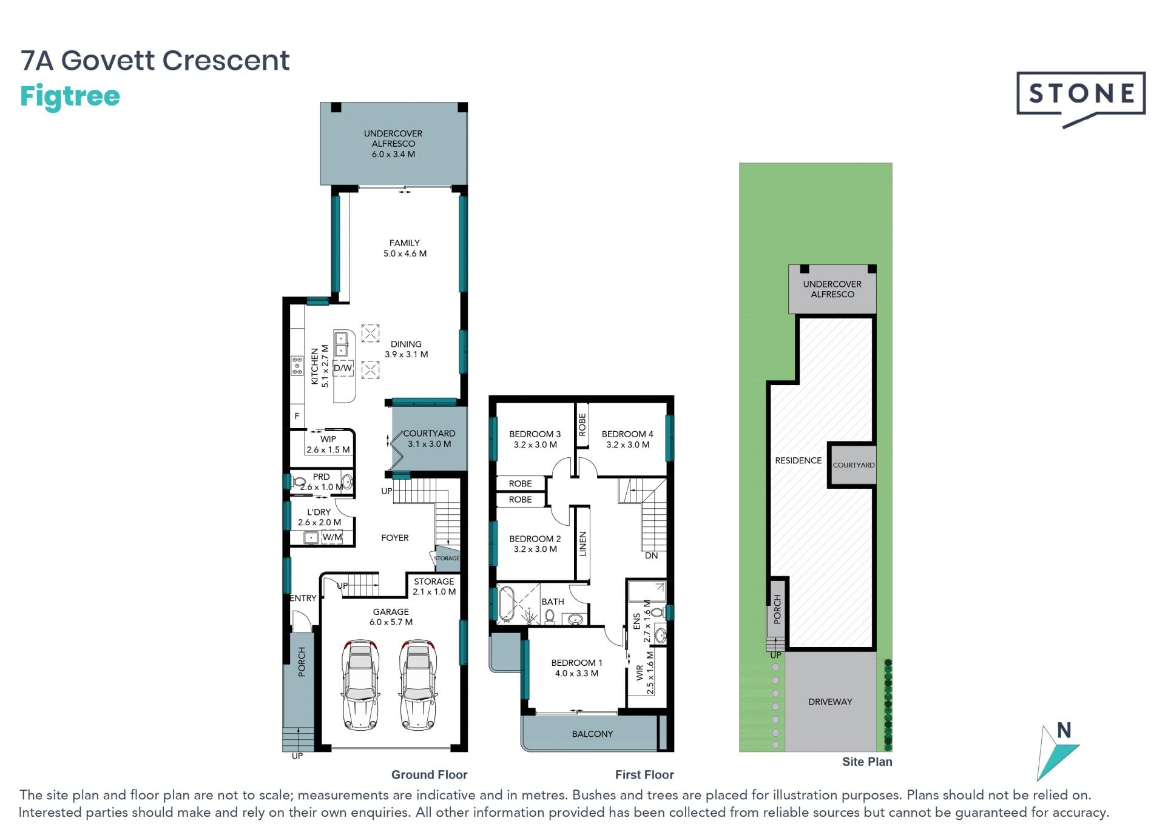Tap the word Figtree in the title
pyautogui.click(x=70, y=97)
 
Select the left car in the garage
pyautogui.click(x=361, y=683)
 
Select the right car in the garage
pyautogui.click(x=418, y=683)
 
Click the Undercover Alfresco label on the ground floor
pyautogui.click(x=393, y=144)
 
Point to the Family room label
pyautogui.click(x=405, y=248)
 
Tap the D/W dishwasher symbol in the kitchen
pyautogui.click(x=343, y=368)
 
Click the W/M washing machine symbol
pyautogui.click(x=332, y=537)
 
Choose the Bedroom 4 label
pyautogui.click(x=627, y=439)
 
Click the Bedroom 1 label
pyautogui.click(x=576, y=668)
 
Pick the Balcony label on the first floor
pyautogui.click(x=592, y=734)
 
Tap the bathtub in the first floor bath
pyautogui.click(x=506, y=604)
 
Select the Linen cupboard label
pyautogui.click(x=583, y=544)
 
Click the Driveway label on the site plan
pyautogui.click(x=830, y=702)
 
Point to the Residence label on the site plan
pyautogui.click(x=799, y=460)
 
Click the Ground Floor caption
pyautogui.click(x=429, y=774)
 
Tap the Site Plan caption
pyautogui.click(x=867, y=762)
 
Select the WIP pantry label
pyautogui.click(x=328, y=445)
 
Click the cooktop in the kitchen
pyautogui.click(x=297, y=366)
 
